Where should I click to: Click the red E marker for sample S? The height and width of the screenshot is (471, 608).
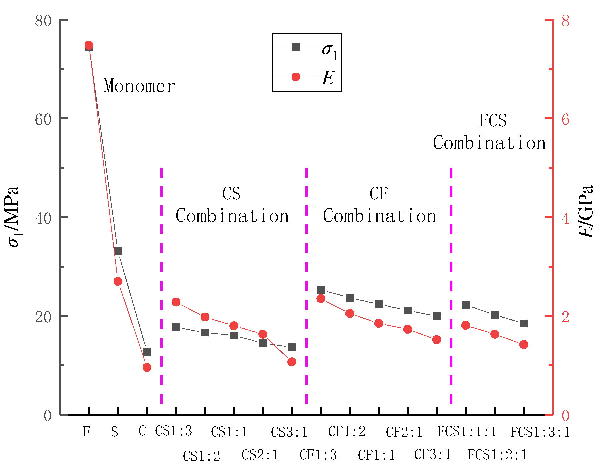tap(118, 281)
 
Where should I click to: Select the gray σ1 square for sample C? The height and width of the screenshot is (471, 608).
tap(147, 352)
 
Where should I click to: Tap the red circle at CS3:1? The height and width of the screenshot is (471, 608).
tap(292, 362)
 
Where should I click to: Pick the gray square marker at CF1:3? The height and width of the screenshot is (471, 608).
tap(321, 290)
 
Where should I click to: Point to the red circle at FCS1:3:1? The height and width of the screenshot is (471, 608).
tap(524, 344)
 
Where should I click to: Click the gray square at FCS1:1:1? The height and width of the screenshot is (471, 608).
tap(466, 305)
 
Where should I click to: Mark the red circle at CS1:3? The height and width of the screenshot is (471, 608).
tap(176, 302)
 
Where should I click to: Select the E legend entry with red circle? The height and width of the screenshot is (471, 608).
tap(307, 77)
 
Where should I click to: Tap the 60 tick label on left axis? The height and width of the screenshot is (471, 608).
tap(43, 119)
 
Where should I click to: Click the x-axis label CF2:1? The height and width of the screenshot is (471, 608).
tap(404, 432)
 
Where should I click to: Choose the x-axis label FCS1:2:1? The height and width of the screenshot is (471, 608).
tap(497, 455)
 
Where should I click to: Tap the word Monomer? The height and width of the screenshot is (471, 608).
tap(139, 86)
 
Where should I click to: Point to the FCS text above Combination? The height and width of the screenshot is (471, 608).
tap(493, 120)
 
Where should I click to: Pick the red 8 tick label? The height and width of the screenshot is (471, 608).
tap(565, 21)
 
